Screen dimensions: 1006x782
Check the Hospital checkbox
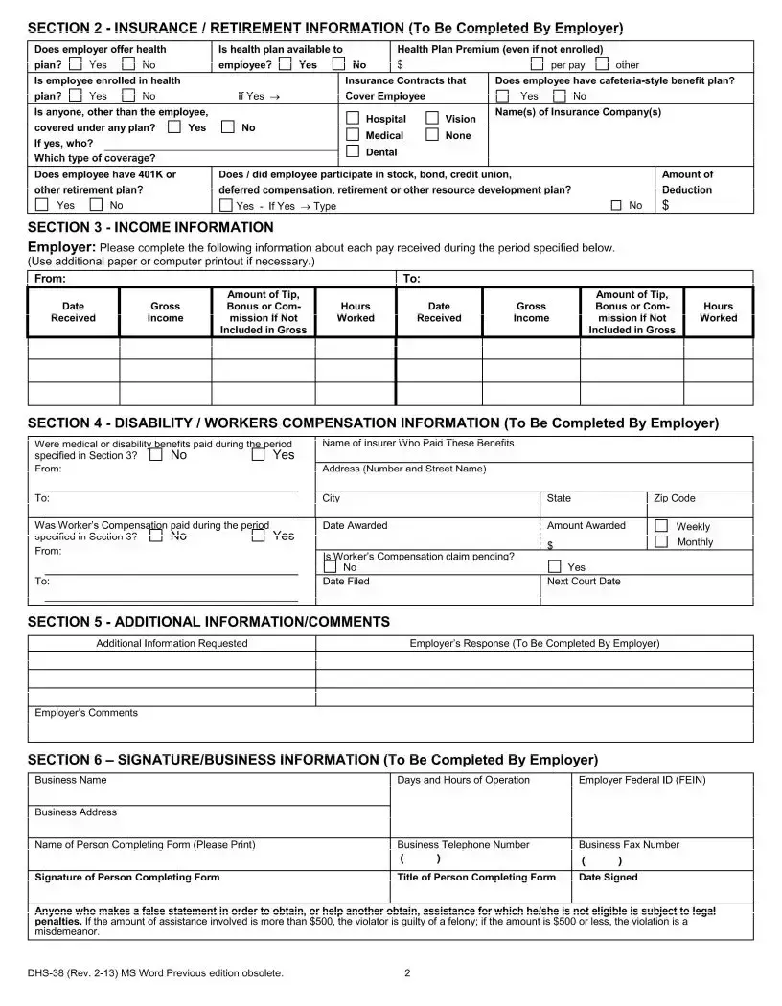point(353,118)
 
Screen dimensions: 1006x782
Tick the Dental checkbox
point(353,151)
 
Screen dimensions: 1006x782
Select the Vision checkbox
point(432,118)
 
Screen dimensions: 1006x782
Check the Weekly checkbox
point(661,526)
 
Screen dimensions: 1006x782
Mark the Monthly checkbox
point(661,541)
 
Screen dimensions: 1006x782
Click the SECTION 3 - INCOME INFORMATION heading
point(150,227)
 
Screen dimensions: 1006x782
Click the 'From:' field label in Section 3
point(50,278)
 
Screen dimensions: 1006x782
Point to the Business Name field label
point(70,780)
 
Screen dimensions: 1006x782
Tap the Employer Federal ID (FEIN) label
point(641,780)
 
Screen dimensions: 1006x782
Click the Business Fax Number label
point(629,844)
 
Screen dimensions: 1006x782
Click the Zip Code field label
point(675,498)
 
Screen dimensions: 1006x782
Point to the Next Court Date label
point(583,581)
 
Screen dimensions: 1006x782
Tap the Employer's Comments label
point(85,712)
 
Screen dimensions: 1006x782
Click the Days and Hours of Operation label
point(463,780)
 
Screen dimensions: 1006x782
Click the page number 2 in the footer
point(407,973)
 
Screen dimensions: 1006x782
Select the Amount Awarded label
point(586,525)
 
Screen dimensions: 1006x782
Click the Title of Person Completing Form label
point(476,877)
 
